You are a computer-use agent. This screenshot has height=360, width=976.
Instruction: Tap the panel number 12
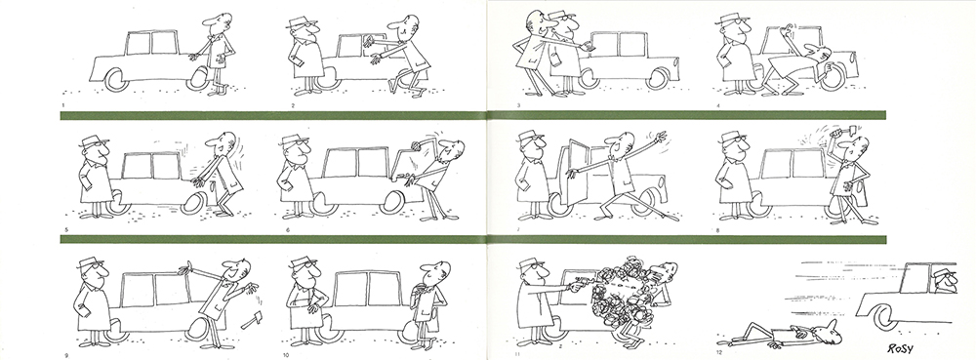719,353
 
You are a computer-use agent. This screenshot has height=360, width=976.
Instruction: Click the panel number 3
518,105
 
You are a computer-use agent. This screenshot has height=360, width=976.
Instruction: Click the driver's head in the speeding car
945,281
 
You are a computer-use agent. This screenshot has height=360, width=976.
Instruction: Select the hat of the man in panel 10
303,261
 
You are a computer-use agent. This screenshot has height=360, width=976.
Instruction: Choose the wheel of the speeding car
883,316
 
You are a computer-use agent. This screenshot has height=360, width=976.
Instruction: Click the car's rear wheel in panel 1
116,80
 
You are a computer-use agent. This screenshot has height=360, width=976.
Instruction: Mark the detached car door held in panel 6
412,166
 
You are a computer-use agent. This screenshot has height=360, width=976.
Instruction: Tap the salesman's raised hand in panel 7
659,137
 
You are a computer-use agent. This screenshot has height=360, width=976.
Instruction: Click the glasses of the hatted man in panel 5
101,146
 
